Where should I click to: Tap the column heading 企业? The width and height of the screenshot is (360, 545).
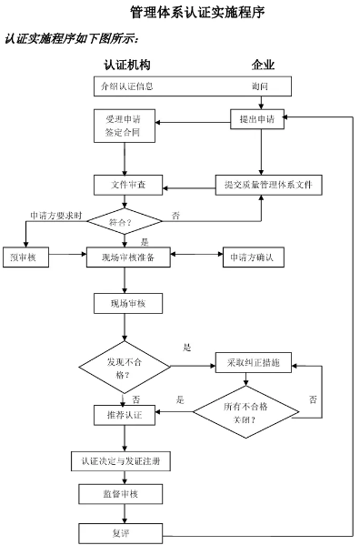click(263, 66)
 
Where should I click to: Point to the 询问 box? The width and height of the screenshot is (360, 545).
click(260, 86)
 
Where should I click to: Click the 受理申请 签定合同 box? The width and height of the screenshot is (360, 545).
click(123, 126)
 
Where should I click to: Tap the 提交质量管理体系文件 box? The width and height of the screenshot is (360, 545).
click(267, 185)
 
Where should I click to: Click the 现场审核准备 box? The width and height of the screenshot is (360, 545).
click(127, 257)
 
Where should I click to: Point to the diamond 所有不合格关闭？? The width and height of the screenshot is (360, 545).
click(245, 412)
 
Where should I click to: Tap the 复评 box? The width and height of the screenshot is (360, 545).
click(119, 532)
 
